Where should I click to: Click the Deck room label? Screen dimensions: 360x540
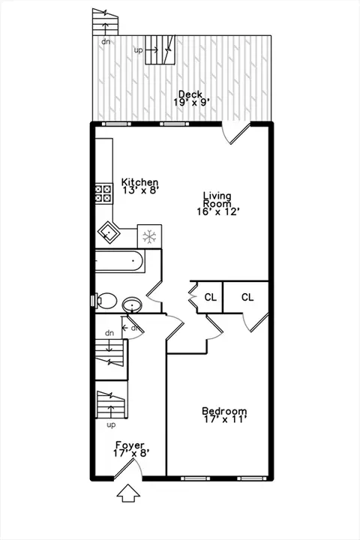(x=190, y=94)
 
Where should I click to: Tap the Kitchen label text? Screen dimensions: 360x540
(x=139, y=181)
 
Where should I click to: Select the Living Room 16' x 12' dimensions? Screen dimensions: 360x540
(x=218, y=211)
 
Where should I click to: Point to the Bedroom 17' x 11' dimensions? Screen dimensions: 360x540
(x=224, y=419)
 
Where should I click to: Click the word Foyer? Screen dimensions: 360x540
(x=130, y=445)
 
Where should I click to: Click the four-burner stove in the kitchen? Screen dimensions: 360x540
(x=103, y=193)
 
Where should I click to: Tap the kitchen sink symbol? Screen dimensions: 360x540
(x=109, y=232)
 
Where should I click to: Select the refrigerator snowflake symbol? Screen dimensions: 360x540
(x=149, y=236)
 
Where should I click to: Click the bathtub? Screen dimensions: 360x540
(x=118, y=261)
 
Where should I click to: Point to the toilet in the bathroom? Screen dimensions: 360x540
(x=105, y=301)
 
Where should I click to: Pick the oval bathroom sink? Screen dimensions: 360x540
(x=132, y=304)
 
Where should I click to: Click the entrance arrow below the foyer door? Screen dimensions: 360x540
(x=128, y=493)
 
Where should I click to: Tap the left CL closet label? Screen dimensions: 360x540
(x=211, y=297)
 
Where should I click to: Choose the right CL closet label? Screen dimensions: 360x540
(x=247, y=297)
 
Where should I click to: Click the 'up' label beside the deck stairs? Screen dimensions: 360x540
(x=138, y=50)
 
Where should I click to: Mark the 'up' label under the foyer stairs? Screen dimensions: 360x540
(x=111, y=425)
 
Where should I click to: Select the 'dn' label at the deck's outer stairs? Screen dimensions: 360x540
(x=106, y=41)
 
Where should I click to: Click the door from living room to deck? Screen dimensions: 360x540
(x=235, y=133)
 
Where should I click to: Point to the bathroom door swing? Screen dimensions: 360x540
(x=154, y=295)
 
